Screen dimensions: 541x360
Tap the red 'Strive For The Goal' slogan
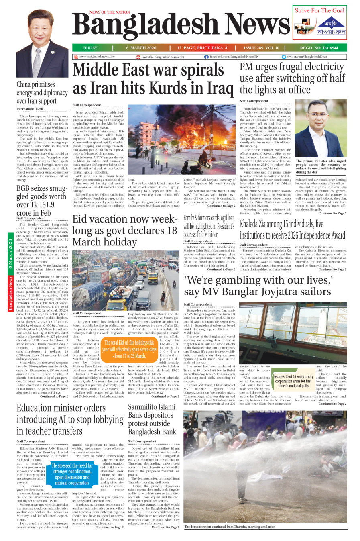319,11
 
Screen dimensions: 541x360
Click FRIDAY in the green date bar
90,48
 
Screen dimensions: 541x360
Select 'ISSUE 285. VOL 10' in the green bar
261,48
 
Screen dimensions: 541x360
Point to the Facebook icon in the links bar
206,57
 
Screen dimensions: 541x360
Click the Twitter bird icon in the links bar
284,57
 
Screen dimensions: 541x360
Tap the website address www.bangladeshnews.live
96,57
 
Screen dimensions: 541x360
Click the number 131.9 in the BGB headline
43,205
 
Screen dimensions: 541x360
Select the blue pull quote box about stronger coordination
72,474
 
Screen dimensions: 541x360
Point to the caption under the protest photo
230,526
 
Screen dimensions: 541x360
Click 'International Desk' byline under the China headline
30,109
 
